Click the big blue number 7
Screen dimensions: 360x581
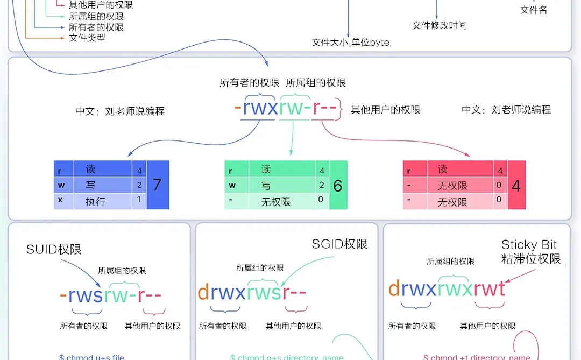pyautogui.click(x=157, y=185)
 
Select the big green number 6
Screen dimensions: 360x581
pyautogui.click(x=338, y=186)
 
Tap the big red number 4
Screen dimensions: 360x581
pyautogui.click(x=516, y=186)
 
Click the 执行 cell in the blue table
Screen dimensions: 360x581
pyautogui.click(x=95, y=202)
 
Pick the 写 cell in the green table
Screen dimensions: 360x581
pyautogui.click(x=266, y=186)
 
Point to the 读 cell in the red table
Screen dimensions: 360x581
pyautogui.click(x=443, y=170)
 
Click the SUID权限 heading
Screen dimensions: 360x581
pyautogui.click(x=54, y=249)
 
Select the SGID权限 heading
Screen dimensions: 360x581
pyautogui.click(x=339, y=244)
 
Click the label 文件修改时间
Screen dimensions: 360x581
pyautogui.click(x=440, y=25)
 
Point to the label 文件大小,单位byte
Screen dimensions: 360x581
pyautogui.click(x=350, y=42)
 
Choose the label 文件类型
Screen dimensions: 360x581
pyautogui.click(x=87, y=38)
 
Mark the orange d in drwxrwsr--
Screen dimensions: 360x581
pyautogui.click(x=203, y=292)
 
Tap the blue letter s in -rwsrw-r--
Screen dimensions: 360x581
pyautogui.click(x=97, y=295)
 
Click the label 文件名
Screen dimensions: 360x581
pyautogui.click(x=534, y=10)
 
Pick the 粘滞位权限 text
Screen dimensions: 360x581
pyautogui.click(x=531, y=258)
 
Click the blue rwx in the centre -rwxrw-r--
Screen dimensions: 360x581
pyautogui.click(x=260, y=108)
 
